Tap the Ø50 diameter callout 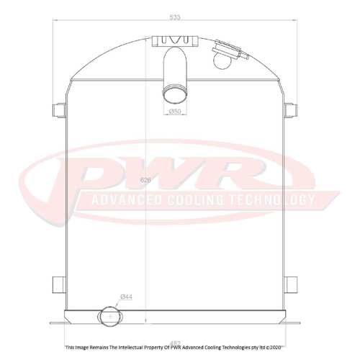[x=174, y=112]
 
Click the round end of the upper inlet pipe [x=174, y=91]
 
